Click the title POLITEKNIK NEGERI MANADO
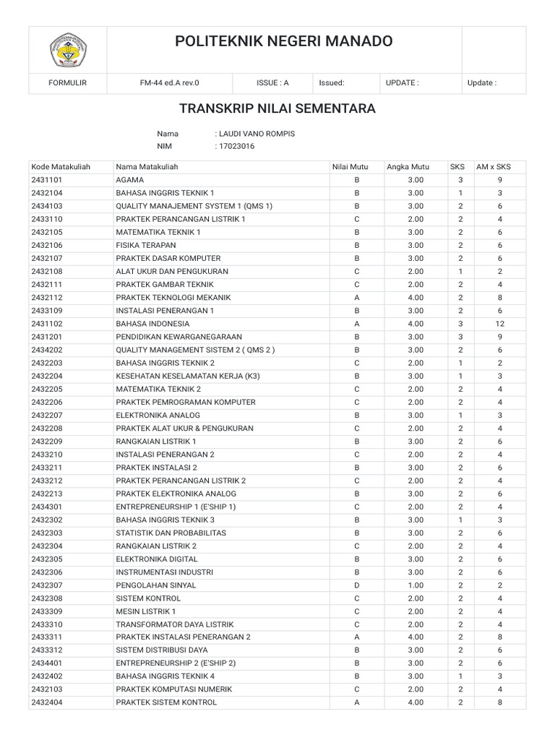point(284,42)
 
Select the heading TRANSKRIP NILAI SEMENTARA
point(277,108)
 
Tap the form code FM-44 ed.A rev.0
point(169,82)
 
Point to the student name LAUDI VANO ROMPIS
point(256,134)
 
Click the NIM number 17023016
point(235,147)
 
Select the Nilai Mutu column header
point(350,167)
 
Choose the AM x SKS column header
point(493,167)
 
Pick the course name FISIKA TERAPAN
point(146,245)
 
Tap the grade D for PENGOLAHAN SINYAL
point(356,585)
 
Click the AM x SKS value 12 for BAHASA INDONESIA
point(499,324)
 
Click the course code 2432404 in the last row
point(48,702)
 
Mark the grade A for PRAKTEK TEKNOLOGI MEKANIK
point(356,298)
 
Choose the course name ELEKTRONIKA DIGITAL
point(158,559)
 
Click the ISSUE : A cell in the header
point(272,82)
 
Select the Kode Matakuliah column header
point(61,167)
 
